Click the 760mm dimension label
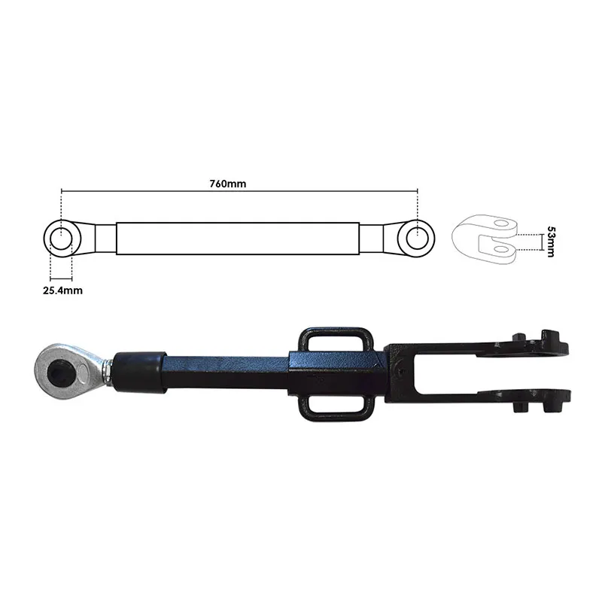[x=228, y=184]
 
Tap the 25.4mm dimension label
[x=62, y=290]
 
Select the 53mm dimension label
[x=551, y=242]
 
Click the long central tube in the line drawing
[x=238, y=239]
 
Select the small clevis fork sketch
[x=485, y=239]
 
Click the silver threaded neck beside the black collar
[x=107, y=371]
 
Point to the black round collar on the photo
[x=140, y=372]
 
